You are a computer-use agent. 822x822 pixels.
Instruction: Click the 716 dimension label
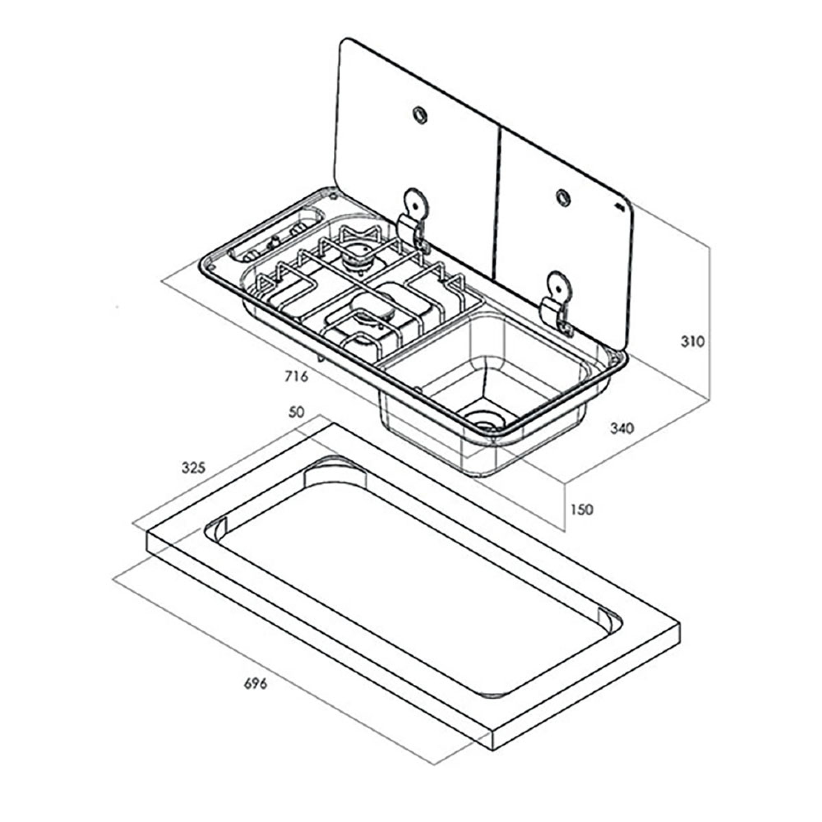(297, 376)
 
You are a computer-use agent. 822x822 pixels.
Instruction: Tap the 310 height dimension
(693, 341)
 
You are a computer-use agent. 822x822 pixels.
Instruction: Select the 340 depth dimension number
(622, 428)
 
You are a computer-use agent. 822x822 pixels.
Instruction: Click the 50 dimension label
(297, 412)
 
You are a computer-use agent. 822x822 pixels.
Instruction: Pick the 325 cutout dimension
(194, 468)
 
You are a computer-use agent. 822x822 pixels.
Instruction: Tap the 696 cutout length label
(255, 695)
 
